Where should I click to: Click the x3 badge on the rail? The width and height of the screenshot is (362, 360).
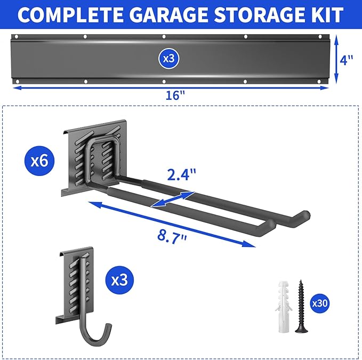coord(168,59)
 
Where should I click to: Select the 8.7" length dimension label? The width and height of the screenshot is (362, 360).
coord(169,236)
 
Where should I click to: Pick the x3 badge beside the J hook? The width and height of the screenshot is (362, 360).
coord(119,279)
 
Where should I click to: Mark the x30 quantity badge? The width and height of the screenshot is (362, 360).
coord(319,303)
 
